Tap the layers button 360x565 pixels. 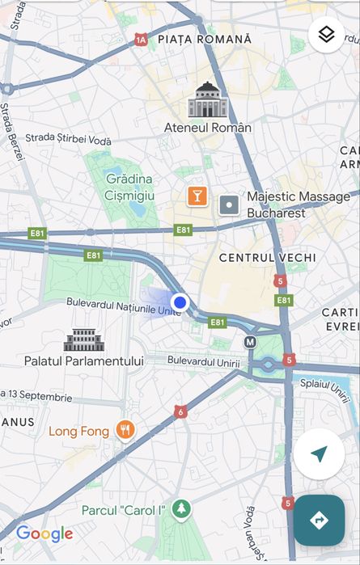tap(326, 34)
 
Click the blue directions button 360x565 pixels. tap(319, 520)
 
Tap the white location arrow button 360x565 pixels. tap(319, 454)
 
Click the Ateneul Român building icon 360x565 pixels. tap(208, 100)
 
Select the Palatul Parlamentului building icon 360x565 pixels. tap(84, 339)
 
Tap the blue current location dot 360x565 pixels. tap(180, 302)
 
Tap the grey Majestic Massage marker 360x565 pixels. tap(230, 204)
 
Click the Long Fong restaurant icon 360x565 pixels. tap(125, 429)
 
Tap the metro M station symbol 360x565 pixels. tap(251, 342)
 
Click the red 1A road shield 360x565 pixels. tap(142, 39)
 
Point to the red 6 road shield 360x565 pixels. tap(180, 411)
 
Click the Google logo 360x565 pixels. tap(44, 533)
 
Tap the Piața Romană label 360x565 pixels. tap(205, 39)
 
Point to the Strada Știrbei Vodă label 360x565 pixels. tap(68, 139)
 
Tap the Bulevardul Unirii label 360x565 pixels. tap(204, 361)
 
